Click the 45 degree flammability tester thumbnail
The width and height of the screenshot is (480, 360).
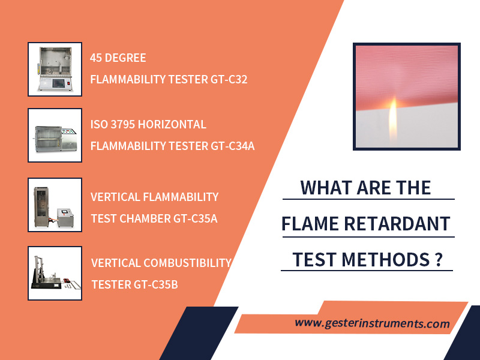point(55,69)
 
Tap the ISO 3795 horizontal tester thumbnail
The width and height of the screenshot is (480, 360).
point(55,135)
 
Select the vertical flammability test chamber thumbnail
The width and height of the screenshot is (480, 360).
point(55,205)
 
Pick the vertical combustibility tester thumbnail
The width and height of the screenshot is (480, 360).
point(55,273)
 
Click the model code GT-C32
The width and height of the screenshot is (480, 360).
point(229,80)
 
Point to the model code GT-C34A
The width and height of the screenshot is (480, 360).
point(233,146)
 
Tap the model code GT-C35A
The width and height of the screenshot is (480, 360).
point(196,218)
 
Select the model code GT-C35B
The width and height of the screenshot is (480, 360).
point(156,284)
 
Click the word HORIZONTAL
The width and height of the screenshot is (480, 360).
point(172,125)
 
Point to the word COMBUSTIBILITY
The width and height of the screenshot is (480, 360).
point(187,263)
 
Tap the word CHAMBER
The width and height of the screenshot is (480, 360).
point(145,218)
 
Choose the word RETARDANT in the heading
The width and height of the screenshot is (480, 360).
point(397,224)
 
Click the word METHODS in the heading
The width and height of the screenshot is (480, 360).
point(385,260)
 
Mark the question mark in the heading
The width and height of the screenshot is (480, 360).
point(439,260)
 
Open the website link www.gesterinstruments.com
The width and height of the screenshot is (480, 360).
point(372,323)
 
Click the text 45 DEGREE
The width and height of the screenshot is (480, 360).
point(118,58)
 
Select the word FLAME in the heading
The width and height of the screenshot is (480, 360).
point(310,224)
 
